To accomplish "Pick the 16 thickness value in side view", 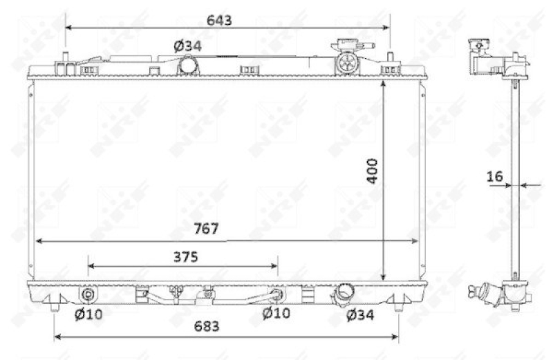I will [x=494, y=177].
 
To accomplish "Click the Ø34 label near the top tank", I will [x=187, y=46].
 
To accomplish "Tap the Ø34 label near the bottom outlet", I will [x=360, y=315].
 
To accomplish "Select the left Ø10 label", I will [x=88, y=315].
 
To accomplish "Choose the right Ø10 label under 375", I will [x=276, y=315].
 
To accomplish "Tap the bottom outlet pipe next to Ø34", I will [x=342, y=296].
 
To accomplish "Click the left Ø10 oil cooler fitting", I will [x=88, y=295].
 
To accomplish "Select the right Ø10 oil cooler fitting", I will [x=278, y=295].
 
